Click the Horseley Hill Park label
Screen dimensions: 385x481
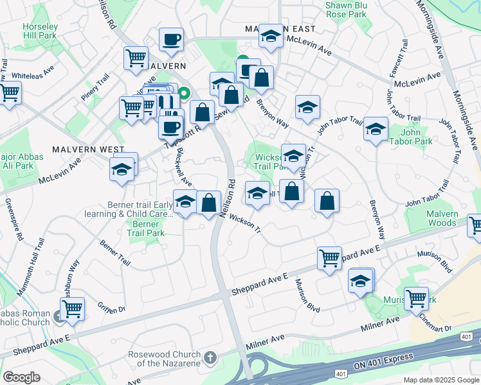tap(41, 31)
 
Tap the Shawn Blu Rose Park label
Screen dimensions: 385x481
tap(346, 9)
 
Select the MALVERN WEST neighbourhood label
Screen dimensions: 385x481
tap(94, 149)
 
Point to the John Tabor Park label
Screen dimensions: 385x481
tap(422, 137)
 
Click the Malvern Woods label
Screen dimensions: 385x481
tap(442, 219)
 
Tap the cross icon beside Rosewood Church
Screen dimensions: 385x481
tap(210, 356)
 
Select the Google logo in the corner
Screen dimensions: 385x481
tap(21, 377)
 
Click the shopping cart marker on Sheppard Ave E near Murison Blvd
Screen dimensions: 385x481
tap(329, 259)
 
